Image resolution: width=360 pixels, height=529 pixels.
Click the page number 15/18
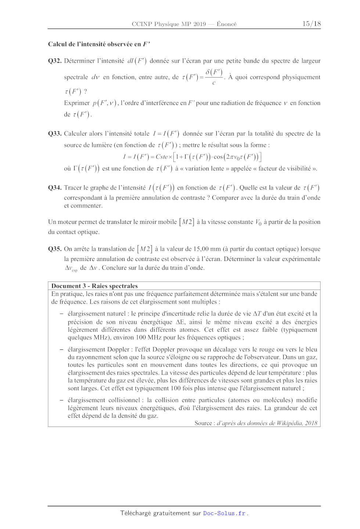point(312,24)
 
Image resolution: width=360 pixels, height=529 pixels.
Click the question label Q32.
point(55,61)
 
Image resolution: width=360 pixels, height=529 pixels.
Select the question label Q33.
point(55,134)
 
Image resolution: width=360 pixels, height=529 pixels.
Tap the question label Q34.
point(55,188)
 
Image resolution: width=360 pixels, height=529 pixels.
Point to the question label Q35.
point(55,249)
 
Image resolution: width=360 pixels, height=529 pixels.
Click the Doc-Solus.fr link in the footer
point(224,513)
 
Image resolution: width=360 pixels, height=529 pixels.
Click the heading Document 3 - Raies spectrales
point(94,286)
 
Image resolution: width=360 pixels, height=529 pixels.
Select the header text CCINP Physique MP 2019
point(169,24)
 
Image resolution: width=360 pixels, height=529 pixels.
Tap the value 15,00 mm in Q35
point(207,249)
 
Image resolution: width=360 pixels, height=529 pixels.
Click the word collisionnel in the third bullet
point(123,400)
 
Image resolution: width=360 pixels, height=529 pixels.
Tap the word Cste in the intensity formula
point(162,157)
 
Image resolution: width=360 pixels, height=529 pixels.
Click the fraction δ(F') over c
point(214,77)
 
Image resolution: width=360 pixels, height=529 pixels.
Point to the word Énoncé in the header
point(227,24)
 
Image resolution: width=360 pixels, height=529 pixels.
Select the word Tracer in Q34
point(73,188)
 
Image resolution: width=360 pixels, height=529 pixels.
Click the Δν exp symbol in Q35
point(71,268)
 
